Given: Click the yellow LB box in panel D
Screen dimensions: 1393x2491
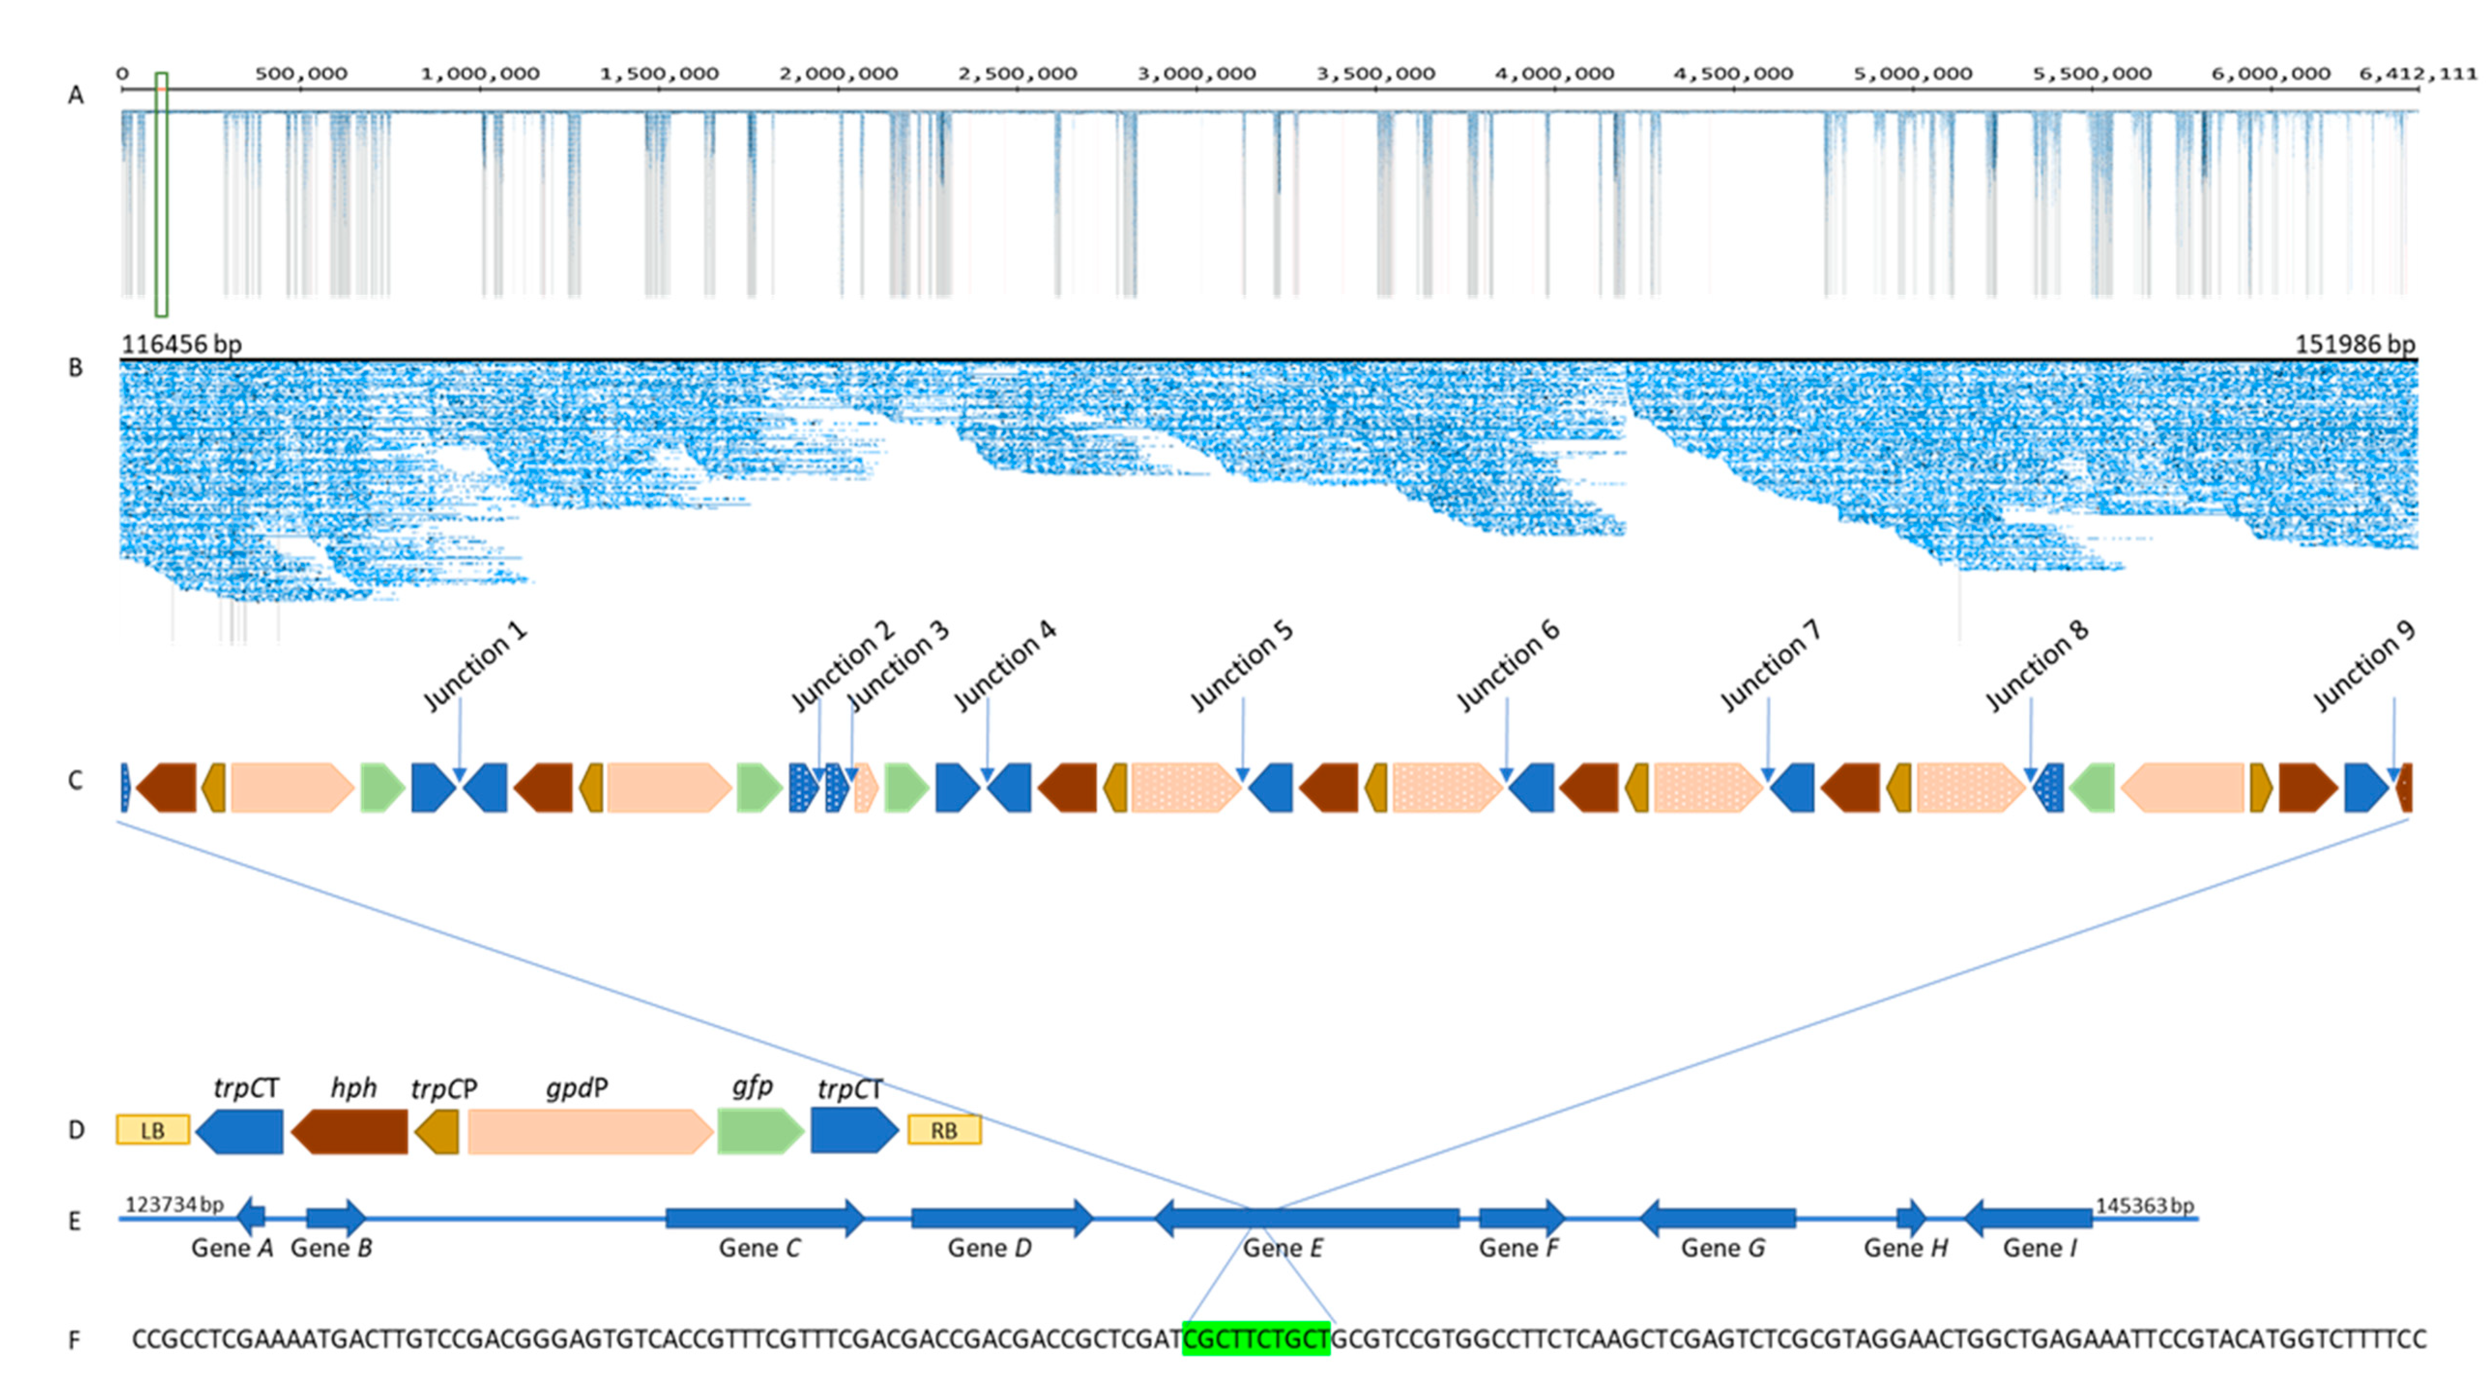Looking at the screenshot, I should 153,1130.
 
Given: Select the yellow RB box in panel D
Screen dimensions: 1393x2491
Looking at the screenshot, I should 944,1130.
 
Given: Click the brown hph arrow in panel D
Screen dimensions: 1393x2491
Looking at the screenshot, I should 350,1131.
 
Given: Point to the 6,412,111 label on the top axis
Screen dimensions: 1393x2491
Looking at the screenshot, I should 2418,74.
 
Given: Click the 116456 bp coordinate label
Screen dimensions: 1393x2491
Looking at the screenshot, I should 182,344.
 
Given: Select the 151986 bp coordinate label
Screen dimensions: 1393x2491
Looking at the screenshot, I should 2355,344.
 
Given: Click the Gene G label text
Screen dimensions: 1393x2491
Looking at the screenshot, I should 1722,1248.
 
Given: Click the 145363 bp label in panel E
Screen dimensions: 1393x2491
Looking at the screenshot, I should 2144,1205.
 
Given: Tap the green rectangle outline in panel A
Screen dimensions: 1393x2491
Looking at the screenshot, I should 161,193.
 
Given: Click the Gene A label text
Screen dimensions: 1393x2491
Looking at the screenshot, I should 232,1248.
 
